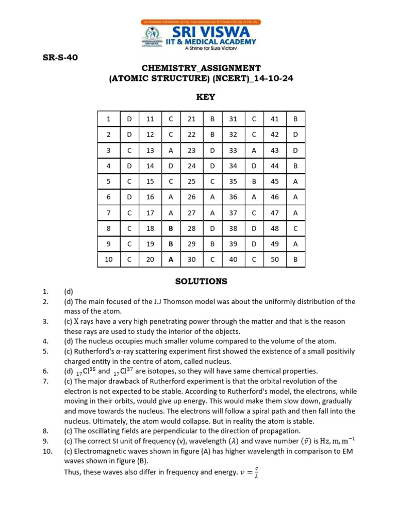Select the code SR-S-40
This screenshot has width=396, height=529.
tap(60, 57)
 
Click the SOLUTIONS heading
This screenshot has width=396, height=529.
tap(201, 282)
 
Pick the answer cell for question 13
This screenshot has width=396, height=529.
tap(171, 150)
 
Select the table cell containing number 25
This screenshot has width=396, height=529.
tap(192, 181)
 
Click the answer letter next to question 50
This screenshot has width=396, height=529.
tap(295, 259)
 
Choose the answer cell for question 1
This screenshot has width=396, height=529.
tap(129, 119)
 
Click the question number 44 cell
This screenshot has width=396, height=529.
tap(274, 166)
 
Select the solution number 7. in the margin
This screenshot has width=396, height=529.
tap(45, 381)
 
